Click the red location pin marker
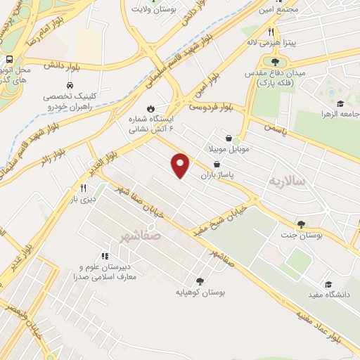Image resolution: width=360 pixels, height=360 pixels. (x=181, y=165)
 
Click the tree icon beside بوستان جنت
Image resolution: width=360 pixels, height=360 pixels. (x=302, y=224)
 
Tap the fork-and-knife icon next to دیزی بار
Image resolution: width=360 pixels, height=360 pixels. (x=83, y=188)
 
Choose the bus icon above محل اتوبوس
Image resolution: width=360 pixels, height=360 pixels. (x=11, y=61)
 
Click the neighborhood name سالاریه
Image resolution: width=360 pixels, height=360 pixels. (x=285, y=181)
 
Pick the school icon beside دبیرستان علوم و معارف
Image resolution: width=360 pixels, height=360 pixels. (x=105, y=256)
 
